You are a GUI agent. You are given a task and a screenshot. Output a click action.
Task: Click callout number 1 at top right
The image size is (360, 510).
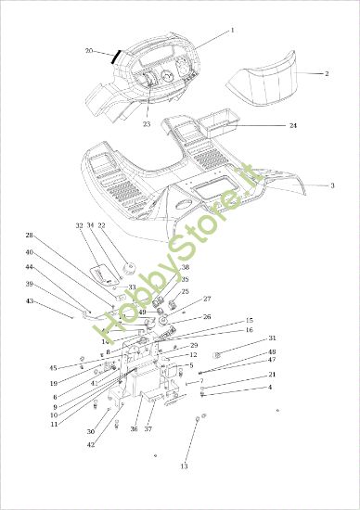pyautogui.click(x=232, y=30)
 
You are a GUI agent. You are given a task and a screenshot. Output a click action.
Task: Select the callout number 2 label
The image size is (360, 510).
pyautogui.click(x=326, y=73)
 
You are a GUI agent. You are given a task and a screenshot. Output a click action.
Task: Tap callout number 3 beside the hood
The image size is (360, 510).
pyautogui.click(x=332, y=185)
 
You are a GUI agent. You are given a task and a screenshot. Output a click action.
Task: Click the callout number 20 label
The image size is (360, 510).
pyautogui.click(x=89, y=50)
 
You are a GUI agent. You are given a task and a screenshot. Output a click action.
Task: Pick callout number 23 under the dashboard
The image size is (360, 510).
pyautogui.click(x=147, y=123)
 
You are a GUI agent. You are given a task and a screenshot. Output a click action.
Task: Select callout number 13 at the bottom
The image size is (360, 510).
pyautogui.click(x=184, y=465)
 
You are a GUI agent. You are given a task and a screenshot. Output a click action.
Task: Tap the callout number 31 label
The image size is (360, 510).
pyautogui.click(x=272, y=338)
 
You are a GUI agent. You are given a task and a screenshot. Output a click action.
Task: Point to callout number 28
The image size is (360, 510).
pyautogui.click(x=29, y=236)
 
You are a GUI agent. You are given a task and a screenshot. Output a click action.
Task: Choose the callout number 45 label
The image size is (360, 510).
pyautogui.click(x=27, y=367)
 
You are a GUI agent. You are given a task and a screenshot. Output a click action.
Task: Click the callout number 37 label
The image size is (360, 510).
pyautogui.click(x=148, y=428)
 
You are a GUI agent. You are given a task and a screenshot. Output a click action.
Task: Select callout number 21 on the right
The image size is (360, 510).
pyautogui.click(x=272, y=374)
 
